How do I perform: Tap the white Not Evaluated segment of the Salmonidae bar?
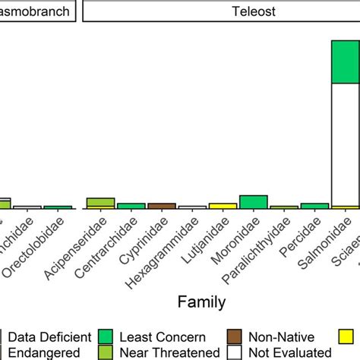coord(346,144)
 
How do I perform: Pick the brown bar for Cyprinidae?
coord(161,206)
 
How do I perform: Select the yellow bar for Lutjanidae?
coord(223,206)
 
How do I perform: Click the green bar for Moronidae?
coord(253,202)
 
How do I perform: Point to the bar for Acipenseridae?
coord(100,203)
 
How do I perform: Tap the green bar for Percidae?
coord(314,206)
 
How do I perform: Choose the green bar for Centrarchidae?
coord(131,206)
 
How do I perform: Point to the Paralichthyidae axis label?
coord(267,247)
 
